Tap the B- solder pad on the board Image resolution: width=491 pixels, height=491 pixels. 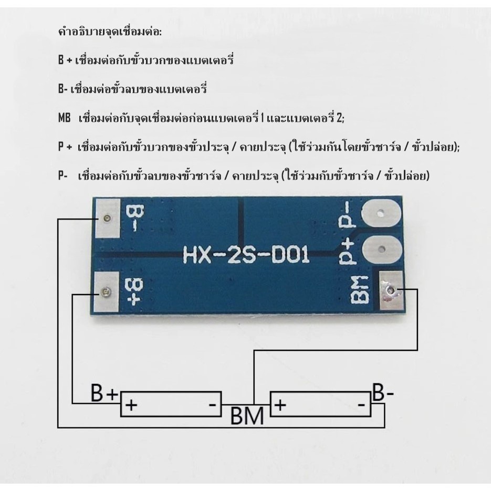point(108,218)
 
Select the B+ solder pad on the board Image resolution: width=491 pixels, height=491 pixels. point(107,292)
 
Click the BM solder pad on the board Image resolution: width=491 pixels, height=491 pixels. point(391,290)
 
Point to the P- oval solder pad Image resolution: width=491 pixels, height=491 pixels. point(381,213)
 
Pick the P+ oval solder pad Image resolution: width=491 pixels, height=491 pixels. point(381,249)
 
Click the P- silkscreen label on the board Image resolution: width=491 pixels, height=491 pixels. point(348,215)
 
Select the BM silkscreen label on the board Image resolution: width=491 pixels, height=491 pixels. point(359,290)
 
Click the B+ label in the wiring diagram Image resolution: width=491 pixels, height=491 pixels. point(104,392)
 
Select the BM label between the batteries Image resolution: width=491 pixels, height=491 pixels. point(247,415)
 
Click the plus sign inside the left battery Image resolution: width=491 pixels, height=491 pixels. point(131,405)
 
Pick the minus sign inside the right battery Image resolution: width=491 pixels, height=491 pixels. point(361,405)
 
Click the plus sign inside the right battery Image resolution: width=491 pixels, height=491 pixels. point(281,404)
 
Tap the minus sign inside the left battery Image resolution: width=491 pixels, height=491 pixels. point(212,405)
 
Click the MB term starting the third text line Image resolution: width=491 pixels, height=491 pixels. point(65,118)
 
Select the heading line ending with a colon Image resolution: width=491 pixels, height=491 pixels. point(110,32)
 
